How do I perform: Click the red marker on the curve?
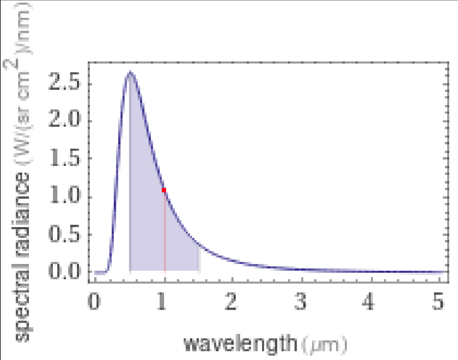pyautogui.click(x=164, y=190)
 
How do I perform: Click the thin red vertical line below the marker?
pyautogui.click(x=165, y=234)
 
